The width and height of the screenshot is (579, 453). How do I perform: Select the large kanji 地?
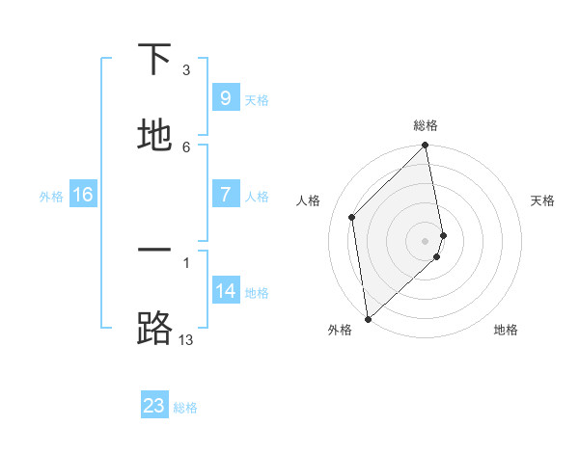click(154, 137)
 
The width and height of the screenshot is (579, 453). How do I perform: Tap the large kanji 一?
click(154, 251)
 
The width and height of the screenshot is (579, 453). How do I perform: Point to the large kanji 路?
click(154, 329)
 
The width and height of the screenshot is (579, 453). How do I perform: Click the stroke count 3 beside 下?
click(186, 70)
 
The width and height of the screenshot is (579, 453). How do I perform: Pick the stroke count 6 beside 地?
click(186, 147)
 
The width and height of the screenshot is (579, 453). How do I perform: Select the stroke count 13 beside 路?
click(186, 339)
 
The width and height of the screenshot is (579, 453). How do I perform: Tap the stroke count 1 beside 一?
click(186, 261)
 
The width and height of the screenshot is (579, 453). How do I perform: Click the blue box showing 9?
click(225, 97)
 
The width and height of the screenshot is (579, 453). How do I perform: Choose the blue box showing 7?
click(225, 195)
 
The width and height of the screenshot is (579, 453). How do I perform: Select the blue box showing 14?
click(225, 290)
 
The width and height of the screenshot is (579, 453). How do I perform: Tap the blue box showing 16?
click(83, 195)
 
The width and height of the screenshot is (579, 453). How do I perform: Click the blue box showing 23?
click(154, 406)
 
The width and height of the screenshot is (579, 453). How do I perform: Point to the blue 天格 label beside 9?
click(257, 99)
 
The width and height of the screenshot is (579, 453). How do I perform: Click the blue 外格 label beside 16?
click(51, 197)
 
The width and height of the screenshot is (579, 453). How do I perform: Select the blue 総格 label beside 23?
click(185, 408)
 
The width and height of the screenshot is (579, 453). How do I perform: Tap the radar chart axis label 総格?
click(426, 125)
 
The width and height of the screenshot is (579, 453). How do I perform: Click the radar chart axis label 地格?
click(506, 330)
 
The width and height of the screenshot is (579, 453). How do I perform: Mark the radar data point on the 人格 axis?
click(352, 217)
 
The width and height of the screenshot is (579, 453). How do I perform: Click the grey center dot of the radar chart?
click(426, 240)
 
